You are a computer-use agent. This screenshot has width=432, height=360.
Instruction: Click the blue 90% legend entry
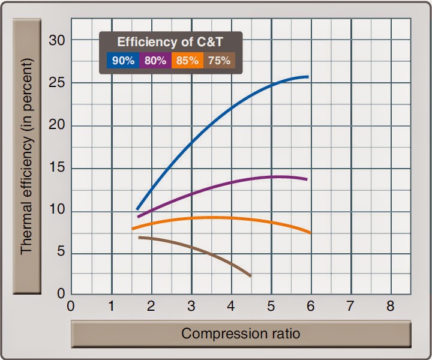(x=123, y=61)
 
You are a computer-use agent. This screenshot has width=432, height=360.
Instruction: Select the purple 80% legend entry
(x=155, y=61)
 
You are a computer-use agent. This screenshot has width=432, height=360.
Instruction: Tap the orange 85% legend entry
(x=187, y=61)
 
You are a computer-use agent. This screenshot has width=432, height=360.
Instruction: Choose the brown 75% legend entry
(x=219, y=61)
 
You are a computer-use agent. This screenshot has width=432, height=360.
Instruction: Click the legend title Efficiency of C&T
(x=170, y=42)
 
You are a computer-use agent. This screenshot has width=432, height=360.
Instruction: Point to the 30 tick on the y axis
(x=56, y=40)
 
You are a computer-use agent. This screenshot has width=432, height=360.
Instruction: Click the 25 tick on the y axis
(x=56, y=83)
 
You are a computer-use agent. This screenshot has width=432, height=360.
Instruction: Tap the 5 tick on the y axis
(x=60, y=253)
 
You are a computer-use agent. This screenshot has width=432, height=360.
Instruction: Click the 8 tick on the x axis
(x=391, y=305)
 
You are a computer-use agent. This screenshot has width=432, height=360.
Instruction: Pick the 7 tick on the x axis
(x=351, y=305)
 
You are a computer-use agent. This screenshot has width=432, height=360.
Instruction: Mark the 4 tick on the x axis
(x=231, y=305)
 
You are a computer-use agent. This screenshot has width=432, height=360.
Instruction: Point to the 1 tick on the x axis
(x=111, y=305)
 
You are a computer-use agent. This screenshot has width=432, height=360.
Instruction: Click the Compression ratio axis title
(x=241, y=334)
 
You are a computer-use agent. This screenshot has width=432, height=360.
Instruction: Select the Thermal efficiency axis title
(x=27, y=156)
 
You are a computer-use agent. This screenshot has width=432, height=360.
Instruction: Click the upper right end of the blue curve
(x=307, y=77)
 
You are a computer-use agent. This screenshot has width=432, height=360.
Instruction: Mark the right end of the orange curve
(x=310, y=233)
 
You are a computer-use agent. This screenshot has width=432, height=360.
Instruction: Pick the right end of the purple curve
(x=307, y=179)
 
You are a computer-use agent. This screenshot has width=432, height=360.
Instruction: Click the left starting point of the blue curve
(x=137, y=208)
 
